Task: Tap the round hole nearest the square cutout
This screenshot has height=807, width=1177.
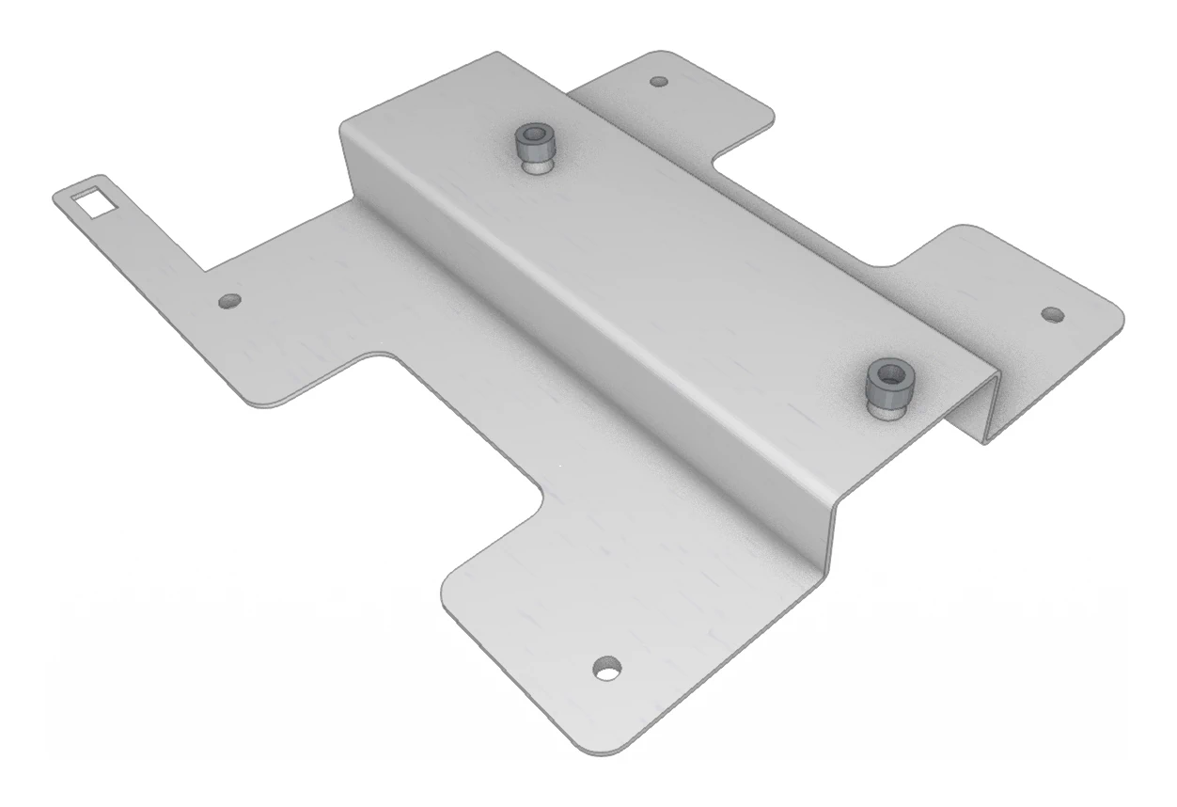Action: (228, 302)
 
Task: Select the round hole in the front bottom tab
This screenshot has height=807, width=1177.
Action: (607, 668)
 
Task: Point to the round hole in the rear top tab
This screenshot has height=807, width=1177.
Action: (659, 82)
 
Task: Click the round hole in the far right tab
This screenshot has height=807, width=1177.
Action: (1052, 312)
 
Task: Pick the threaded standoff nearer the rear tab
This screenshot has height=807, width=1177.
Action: (533, 149)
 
